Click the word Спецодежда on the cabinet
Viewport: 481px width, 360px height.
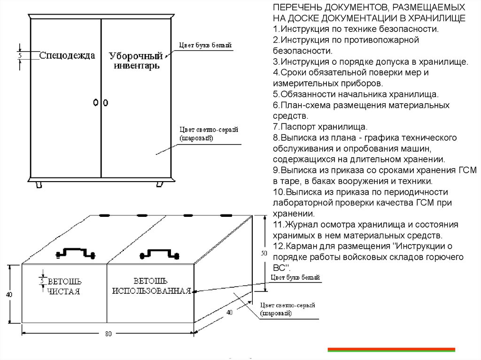[x=67, y=55]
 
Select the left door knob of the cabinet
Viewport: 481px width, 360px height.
[x=96, y=102]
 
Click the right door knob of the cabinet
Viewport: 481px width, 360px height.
[x=106, y=102]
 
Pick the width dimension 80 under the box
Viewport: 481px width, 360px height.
[x=109, y=334]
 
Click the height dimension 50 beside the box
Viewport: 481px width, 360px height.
[x=264, y=253]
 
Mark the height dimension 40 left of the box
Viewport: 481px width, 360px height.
[x=9, y=294]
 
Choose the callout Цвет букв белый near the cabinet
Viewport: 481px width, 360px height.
[x=205, y=46]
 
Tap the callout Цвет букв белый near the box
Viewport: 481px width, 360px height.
[x=296, y=278]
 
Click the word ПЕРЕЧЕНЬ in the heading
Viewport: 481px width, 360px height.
[x=296, y=8]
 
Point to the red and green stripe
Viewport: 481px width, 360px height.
[x=391, y=350]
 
